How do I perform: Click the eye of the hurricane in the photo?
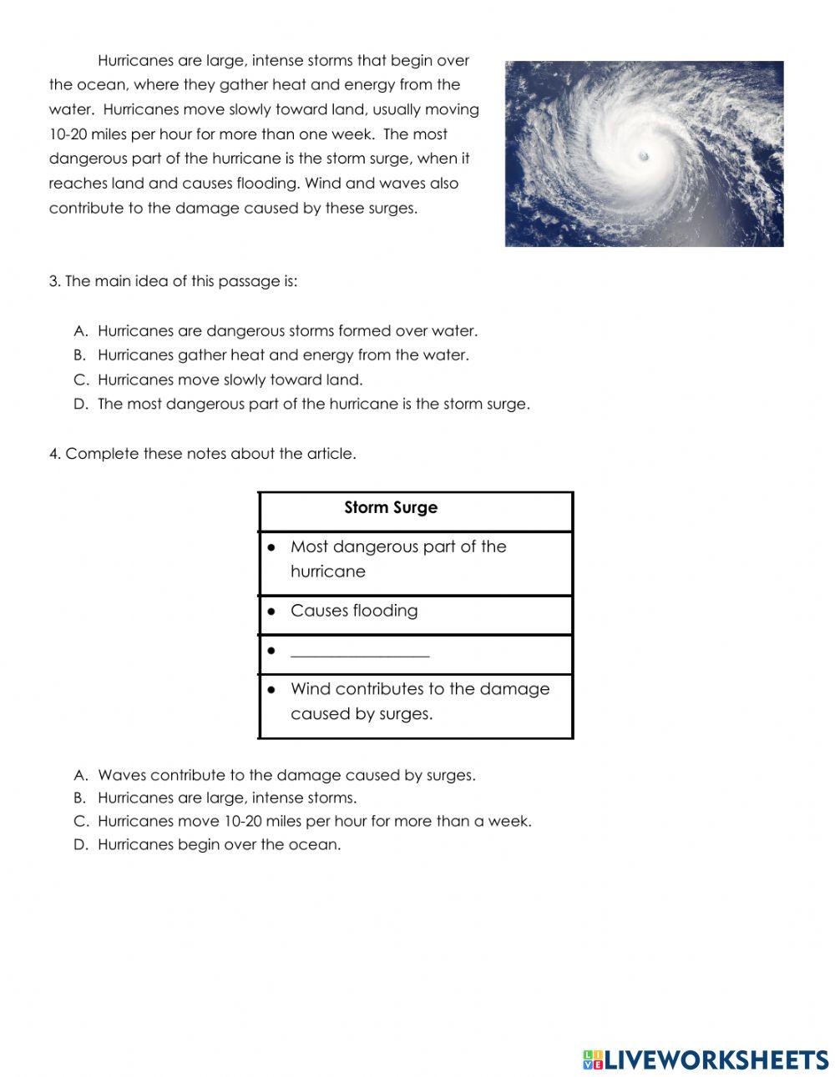643,156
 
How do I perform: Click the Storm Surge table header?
391,508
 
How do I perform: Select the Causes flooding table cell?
354,611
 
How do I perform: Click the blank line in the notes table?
360,656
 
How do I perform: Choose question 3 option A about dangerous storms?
287,331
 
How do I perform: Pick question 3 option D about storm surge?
313,405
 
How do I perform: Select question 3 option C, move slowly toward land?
230,380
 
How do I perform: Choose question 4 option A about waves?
286,776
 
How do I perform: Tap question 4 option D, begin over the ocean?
219,845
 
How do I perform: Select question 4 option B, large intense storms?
226,798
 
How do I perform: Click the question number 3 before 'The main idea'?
54,282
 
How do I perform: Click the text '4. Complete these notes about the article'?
203,455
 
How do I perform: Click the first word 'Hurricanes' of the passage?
135,61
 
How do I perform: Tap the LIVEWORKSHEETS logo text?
716,1060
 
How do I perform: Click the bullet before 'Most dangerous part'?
271,548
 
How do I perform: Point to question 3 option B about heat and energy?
283,355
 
